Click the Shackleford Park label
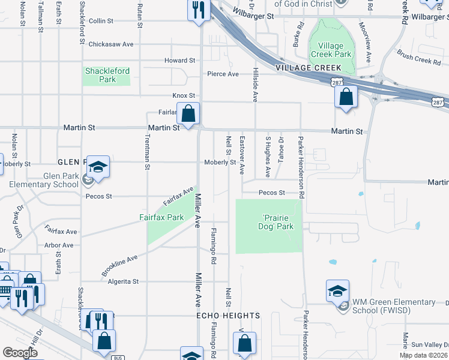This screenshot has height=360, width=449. [x=107, y=75]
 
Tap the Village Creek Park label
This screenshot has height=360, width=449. [x=331, y=50]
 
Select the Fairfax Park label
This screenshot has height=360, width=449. [x=161, y=217]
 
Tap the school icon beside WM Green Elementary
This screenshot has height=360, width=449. [x=337, y=291]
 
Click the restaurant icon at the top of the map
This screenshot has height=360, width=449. [x=199, y=10]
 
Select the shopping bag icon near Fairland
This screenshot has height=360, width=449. [x=188, y=113]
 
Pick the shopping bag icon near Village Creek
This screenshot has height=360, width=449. [x=346, y=96]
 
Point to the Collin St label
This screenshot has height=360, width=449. [x=101, y=21]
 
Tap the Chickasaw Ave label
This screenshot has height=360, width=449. [x=110, y=44]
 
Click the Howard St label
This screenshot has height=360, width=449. [x=180, y=61]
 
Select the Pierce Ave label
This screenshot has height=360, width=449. [x=223, y=74]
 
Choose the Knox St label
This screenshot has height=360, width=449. [x=184, y=95]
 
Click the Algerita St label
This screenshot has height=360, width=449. [x=122, y=281]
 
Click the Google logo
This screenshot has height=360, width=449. [x=20, y=353]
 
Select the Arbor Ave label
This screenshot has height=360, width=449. [x=59, y=245]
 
